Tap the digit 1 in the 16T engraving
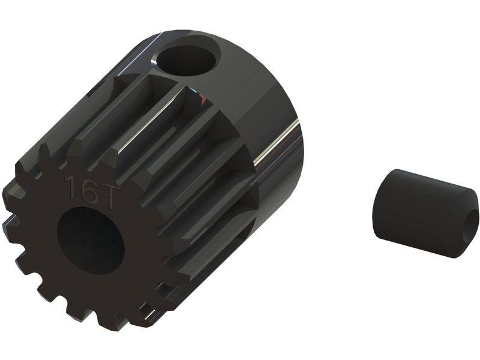pyautogui.click(x=69, y=185)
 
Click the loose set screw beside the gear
pyautogui.click(x=426, y=214)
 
